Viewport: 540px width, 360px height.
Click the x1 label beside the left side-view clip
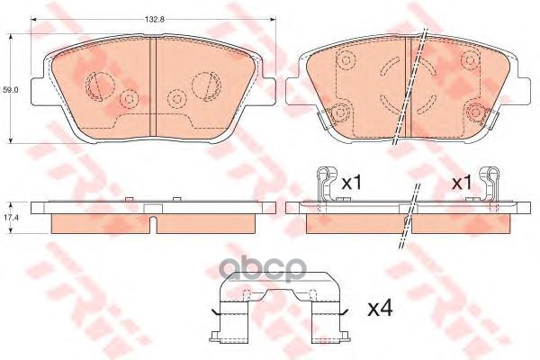(350, 182)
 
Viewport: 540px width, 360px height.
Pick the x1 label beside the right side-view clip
(462, 182)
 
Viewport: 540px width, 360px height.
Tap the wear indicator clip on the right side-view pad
(491, 187)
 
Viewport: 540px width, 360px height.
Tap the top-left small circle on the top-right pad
(344, 60)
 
